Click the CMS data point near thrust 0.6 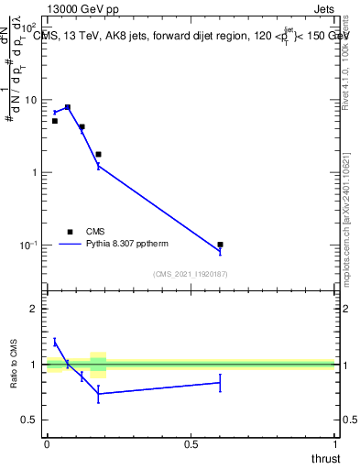coord(221,245)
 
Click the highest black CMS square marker coord(68,107)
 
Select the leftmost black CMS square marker coord(55,121)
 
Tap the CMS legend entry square coord(70,232)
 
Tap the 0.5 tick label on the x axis coord(191,443)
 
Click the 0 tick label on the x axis coord(47,443)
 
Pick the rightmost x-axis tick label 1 coord(335,443)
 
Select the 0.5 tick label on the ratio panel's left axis coord(28,420)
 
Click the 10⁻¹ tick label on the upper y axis coord(27,245)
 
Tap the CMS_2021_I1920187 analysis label coord(191,274)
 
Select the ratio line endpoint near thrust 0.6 coord(221,383)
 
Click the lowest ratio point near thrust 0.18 coord(99,394)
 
